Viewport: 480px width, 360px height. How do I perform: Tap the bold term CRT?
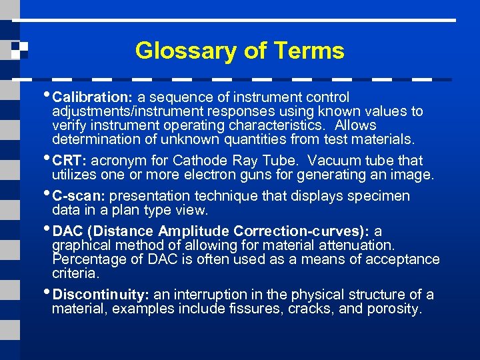tap(70, 161)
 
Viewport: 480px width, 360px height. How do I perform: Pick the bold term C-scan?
tap(79, 196)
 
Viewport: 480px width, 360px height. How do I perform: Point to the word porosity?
tap(397, 309)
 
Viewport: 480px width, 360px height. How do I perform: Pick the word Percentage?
tap(85, 259)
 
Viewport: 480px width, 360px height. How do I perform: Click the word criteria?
tap(75, 273)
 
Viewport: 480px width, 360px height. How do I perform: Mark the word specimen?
tap(382, 196)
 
